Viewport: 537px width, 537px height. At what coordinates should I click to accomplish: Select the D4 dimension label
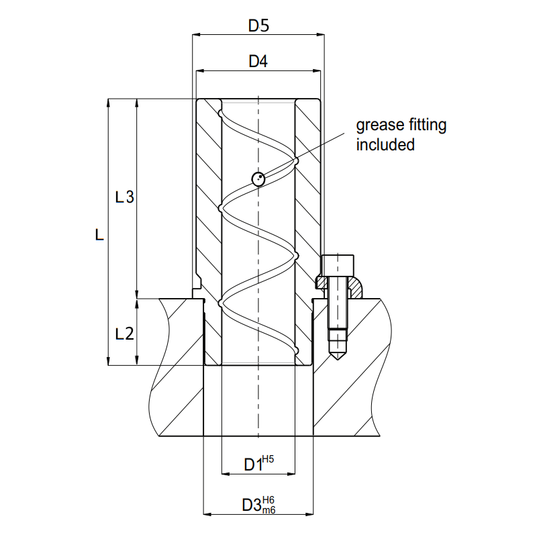tap(258, 61)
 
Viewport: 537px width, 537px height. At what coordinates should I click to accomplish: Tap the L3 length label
tap(125, 197)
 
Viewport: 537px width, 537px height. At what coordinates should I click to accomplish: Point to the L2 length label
tap(125, 333)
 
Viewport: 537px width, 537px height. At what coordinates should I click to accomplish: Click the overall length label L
tap(99, 234)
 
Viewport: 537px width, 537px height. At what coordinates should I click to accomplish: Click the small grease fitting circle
tap(257, 179)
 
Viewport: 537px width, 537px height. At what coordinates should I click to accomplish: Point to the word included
tap(385, 144)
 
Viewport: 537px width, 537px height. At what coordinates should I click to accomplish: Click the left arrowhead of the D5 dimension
tap(197, 35)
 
